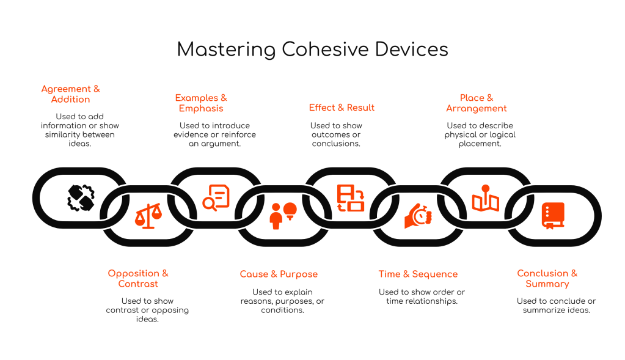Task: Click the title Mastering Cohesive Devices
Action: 312,50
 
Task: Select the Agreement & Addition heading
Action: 70,94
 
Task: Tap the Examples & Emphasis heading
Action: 201,103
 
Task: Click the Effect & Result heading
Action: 342,108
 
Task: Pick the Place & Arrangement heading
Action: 477,103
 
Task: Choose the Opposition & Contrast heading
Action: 138,279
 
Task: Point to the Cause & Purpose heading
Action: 279,274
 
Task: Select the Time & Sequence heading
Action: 418,274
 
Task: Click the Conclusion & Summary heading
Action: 547,279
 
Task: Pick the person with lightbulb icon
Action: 283,216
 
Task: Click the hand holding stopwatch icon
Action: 418,216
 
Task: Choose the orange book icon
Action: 553,216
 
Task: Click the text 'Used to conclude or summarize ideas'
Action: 556,306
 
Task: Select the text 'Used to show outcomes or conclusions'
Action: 336,134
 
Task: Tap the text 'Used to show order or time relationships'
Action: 422,296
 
